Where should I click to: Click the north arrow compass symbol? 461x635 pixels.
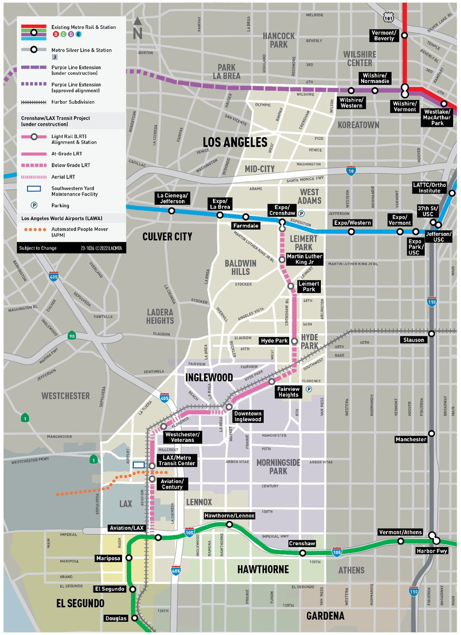[x=137, y=28]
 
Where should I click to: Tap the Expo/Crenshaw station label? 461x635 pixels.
[x=282, y=210]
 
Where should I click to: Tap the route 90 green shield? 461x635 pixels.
[x=71, y=335]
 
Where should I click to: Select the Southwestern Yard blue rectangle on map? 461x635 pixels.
[x=139, y=464]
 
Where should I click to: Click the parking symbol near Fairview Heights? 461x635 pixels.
[x=309, y=389]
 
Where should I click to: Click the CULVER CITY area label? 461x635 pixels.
[x=167, y=237]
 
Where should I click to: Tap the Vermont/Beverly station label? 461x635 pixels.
[x=384, y=35]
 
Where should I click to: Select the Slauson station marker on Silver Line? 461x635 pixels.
[x=432, y=333]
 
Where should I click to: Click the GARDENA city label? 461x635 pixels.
[x=325, y=616]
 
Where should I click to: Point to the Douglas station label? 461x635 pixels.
[x=116, y=618]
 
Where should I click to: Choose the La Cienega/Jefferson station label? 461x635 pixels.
[x=171, y=198]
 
